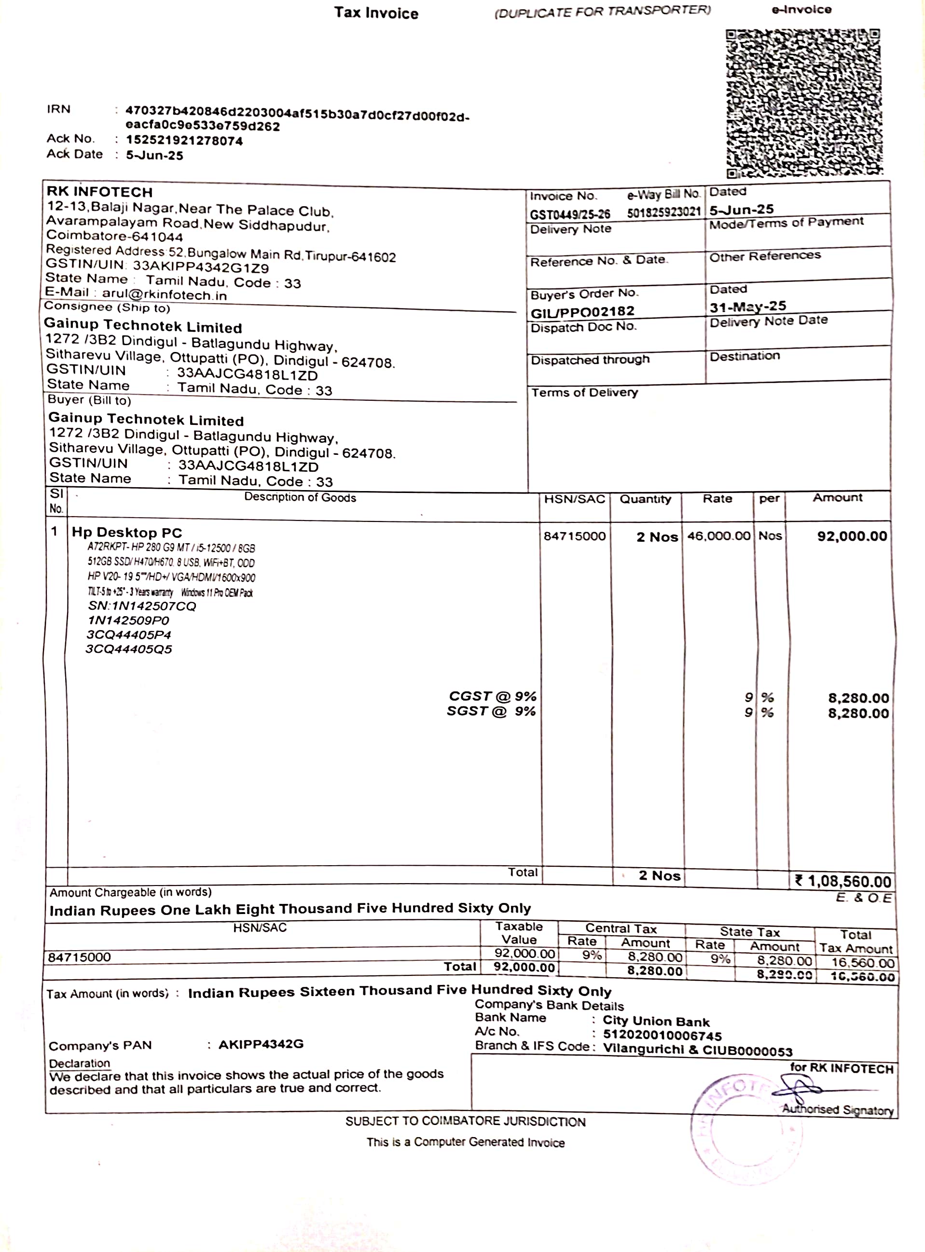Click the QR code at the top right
tap(803, 103)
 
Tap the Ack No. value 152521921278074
tap(184, 141)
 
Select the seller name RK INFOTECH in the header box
tap(100, 192)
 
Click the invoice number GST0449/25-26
tap(570, 214)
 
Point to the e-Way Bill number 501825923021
tap(663, 212)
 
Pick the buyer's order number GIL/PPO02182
tap(582, 311)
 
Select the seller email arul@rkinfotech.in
tap(164, 295)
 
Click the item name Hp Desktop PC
tap(127, 532)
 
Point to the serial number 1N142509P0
tap(128, 620)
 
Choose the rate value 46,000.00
tap(718, 536)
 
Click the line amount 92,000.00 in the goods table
tap(852, 536)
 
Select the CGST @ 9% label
tap(492, 696)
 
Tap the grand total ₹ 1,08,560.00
tap(842, 881)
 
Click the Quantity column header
tap(645, 499)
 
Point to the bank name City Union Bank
tap(656, 1021)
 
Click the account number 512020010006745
tap(662, 1036)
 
